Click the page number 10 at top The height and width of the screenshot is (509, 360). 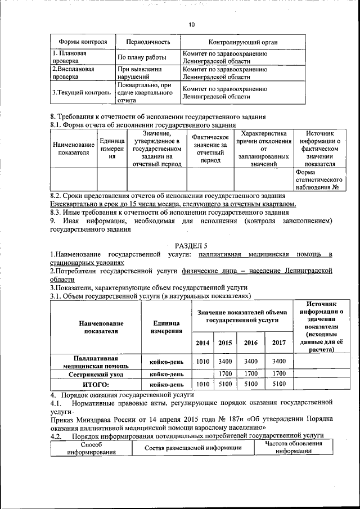pos(191,25)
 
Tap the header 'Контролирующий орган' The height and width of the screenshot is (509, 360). pos(242,42)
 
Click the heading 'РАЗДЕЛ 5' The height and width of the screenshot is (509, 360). pos(191,246)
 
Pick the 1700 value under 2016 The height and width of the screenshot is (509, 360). pos(251,373)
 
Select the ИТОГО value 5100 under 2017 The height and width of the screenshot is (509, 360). pos(278,385)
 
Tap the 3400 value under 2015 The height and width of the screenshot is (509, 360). pos(226,362)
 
